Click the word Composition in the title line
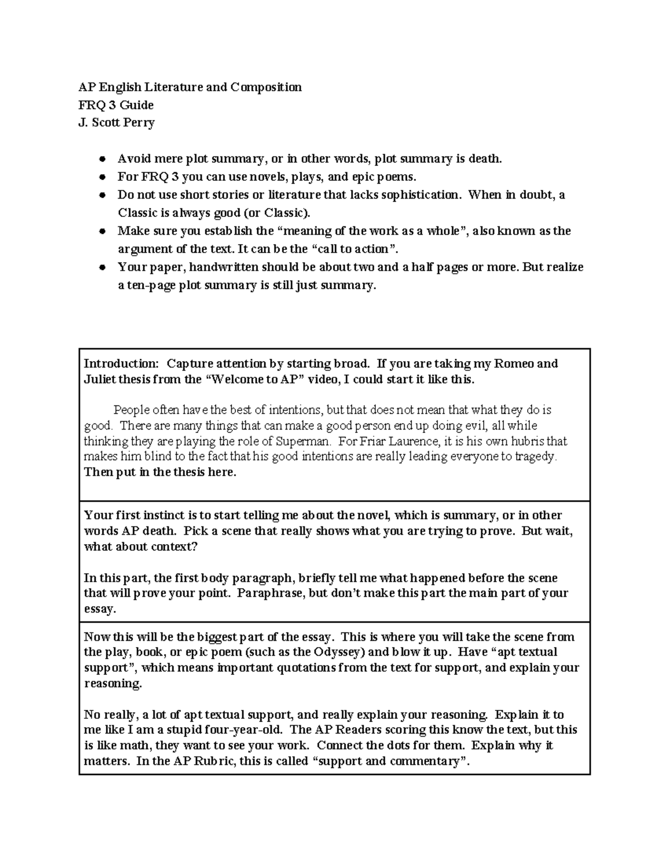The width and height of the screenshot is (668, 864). point(266,87)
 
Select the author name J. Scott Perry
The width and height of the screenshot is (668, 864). point(116,123)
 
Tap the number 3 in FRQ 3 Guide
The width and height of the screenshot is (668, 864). point(112,105)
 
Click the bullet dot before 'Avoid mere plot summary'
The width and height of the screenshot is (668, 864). point(102,160)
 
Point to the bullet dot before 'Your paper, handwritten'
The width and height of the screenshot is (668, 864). point(102,268)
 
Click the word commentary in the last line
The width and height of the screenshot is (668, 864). point(426,761)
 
